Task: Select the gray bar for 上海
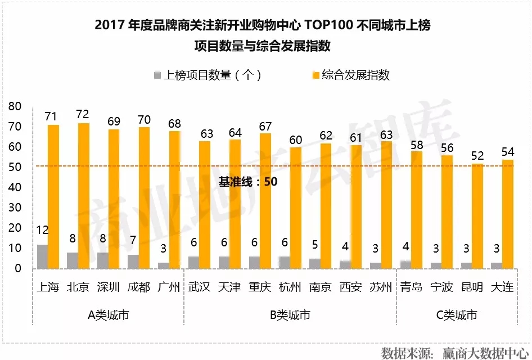[x=42, y=256]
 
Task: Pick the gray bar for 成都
[x=133, y=261]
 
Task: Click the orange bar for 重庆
[x=265, y=200]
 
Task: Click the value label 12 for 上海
[x=43, y=230]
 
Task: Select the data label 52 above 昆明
[x=477, y=156]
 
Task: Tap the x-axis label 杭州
[x=290, y=287]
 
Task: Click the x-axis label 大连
[x=502, y=287]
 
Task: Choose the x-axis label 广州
[x=169, y=287]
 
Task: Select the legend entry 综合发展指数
[x=355, y=75]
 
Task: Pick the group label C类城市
[x=457, y=315]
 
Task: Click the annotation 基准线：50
[x=248, y=182]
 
